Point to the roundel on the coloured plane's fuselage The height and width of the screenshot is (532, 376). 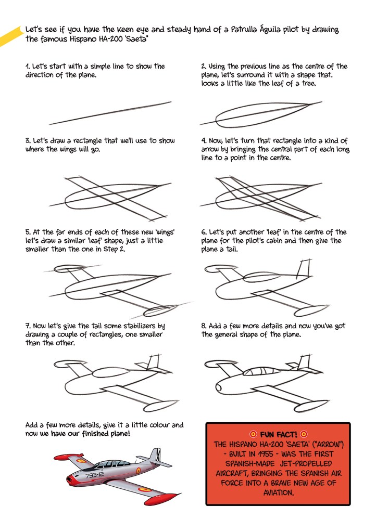(139, 470)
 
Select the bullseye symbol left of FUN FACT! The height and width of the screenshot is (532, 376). (253, 434)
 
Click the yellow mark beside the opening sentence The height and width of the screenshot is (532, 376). (10, 36)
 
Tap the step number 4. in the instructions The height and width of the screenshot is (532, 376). (204, 141)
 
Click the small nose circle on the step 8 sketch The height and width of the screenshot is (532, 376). (219, 388)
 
